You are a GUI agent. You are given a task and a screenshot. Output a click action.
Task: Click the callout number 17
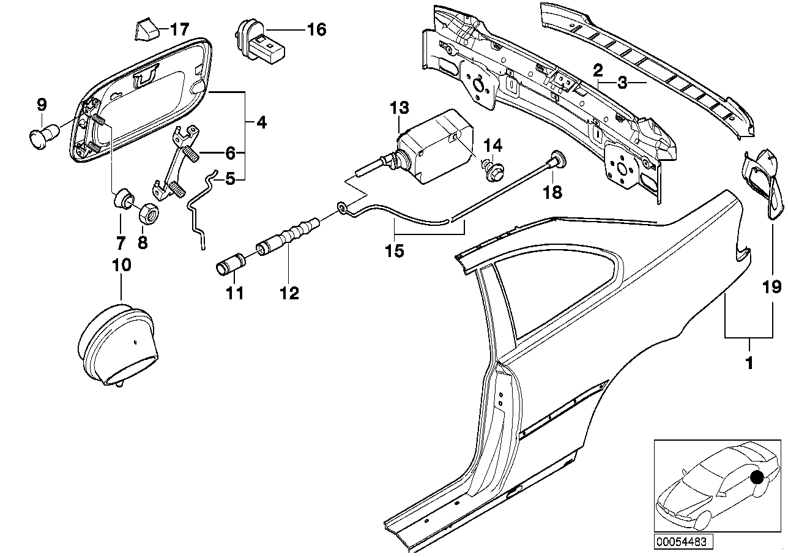(180, 29)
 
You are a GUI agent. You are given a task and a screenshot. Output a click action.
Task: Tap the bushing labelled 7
(124, 200)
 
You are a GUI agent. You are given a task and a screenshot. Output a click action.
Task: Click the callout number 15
(396, 251)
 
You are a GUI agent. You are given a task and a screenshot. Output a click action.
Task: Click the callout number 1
(749, 363)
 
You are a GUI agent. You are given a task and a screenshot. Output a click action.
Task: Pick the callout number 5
(230, 179)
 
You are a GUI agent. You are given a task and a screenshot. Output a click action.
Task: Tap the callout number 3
(622, 83)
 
